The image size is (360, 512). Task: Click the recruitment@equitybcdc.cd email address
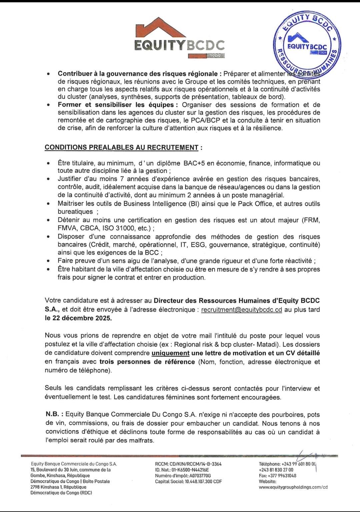(x=242, y=310)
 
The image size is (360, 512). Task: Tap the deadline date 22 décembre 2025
(x=78, y=318)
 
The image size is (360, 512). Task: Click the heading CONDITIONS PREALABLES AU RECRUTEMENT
(x=122, y=147)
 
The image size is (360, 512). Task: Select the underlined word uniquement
(x=170, y=353)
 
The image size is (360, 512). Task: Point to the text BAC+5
(x=194, y=163)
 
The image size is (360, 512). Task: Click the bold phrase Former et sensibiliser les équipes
(x=116, y=105)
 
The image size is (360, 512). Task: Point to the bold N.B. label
(x=54, y=415)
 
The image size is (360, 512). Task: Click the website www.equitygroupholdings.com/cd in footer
(x=293, y=487)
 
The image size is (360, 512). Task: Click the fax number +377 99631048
(x=282, y=476)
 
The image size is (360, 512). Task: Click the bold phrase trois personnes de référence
(x=147, y=362)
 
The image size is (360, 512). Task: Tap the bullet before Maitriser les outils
(x=49, y=204)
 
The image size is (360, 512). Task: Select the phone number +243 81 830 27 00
(x=276, y=470)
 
